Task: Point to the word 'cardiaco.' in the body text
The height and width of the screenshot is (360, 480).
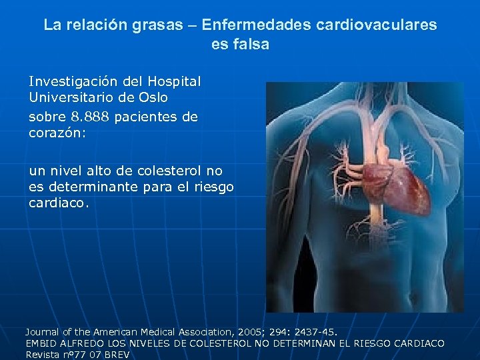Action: [x=59, y=203]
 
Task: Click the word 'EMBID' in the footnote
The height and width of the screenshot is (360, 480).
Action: [x=41, y=343]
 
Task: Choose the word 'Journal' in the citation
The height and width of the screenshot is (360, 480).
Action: [x=43, y=331]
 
